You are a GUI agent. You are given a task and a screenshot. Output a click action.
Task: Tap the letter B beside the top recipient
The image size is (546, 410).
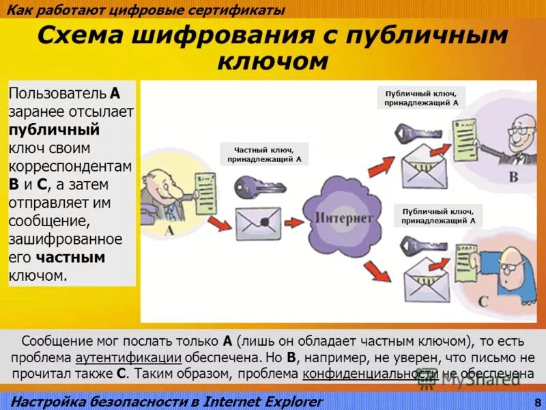(x=513, y=178)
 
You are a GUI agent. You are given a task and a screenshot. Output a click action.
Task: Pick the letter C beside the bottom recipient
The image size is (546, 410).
(x=484, y=301)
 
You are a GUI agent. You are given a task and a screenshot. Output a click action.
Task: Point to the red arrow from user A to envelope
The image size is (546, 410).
(x=220, y=223)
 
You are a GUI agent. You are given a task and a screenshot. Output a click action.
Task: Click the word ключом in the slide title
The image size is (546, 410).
(x=272, y=61)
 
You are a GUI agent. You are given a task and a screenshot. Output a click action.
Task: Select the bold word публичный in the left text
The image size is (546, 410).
(x=55, y=130)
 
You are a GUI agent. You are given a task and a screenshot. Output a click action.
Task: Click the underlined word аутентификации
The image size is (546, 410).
(x=128, y=357)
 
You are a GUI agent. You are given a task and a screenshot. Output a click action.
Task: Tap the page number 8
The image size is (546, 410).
(x=538, y=402)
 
